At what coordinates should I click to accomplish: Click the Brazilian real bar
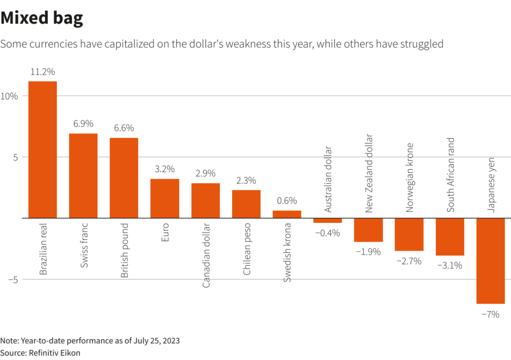pos(42,150)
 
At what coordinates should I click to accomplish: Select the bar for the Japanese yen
pos(491,261)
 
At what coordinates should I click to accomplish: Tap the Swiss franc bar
pos(83,176)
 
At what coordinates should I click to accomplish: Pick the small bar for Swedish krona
pos(287,214)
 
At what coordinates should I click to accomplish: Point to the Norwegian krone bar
pos(409,234)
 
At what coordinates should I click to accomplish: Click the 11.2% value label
pos(42,72)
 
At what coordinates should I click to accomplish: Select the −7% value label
pos(491,314)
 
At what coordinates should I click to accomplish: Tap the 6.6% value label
pos(124,128)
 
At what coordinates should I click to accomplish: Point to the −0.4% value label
pos(327,233)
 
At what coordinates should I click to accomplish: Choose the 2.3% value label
pos(247,181)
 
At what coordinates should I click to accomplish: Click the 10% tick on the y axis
pos(10,96)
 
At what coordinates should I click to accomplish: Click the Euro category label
pos(165,233)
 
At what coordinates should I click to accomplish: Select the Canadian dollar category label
pos(206,255)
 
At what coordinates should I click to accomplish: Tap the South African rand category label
pos(451,175)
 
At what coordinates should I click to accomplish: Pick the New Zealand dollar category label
pos(369,173)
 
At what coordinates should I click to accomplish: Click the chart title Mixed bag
pos(41,18)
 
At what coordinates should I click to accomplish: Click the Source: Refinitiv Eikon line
pos(40,353)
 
